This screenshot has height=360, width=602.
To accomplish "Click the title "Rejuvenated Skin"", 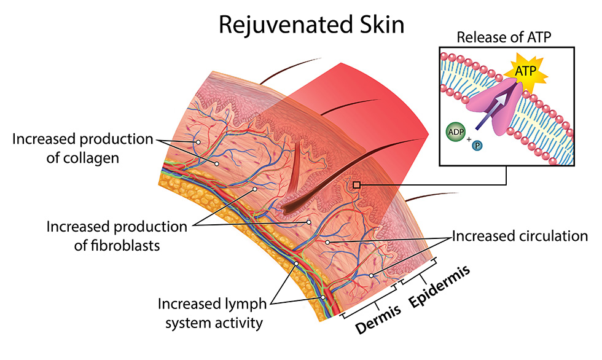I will pos(311,25).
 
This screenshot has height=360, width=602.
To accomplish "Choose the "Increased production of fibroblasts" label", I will pos(117,236).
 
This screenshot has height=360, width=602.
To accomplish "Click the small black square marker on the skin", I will pos(356,184).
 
